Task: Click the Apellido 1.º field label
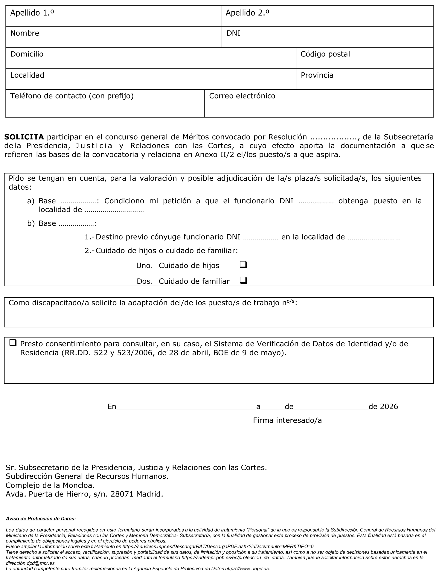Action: (32, 13)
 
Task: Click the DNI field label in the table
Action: (233, 33)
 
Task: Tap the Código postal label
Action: (325, 54)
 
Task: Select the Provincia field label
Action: (317, 75)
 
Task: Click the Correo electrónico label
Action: (242, 96)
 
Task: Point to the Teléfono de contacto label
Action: (72, 96)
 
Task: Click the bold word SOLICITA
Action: (24, 137)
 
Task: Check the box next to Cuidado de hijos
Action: (243, 265)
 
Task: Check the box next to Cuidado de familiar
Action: (243, 280)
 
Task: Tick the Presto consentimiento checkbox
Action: (13, 343)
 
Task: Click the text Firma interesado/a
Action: (287, 420)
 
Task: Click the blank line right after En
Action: (186, 408)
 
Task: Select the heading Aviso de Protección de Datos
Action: (40, 519)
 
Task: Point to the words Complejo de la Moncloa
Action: (50, 485)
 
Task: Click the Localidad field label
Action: (27, 75)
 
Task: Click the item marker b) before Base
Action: (31, 223)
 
